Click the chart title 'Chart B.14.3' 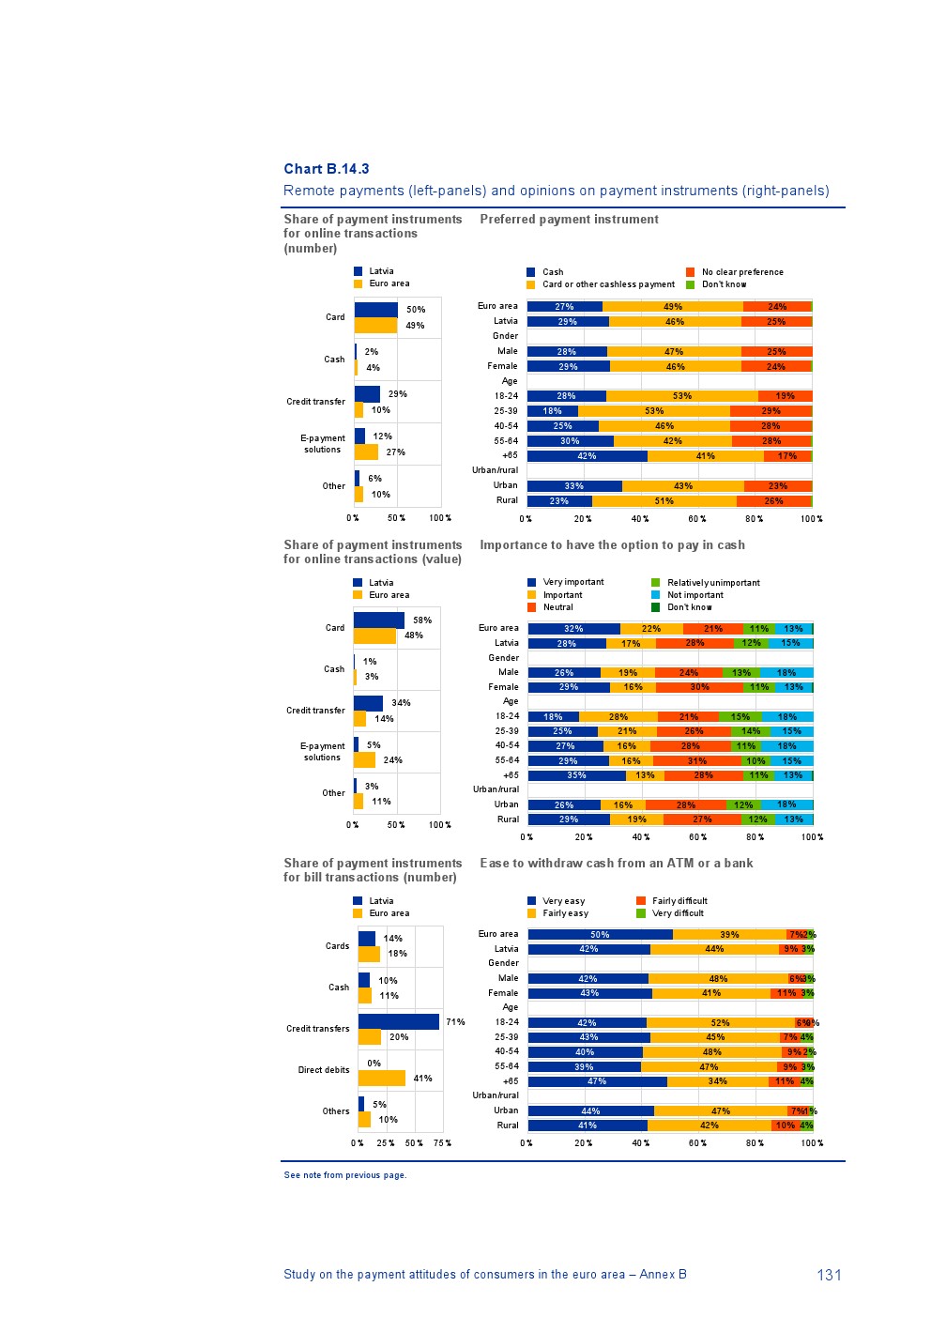click(327, 169)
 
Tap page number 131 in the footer click(829, 1275)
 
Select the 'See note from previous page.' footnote click(344, 1175)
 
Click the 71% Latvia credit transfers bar click(399, 1021)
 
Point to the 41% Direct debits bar click(382, 1079)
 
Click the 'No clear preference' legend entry click(742, 272)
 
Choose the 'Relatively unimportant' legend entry click(713, 583)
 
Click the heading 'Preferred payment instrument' click(569, 220)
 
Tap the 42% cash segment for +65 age click(588, 456)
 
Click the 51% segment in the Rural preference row click(664, 501)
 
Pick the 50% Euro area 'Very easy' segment click(600, 935)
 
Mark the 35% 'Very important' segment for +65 click(576, 775)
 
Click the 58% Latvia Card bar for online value click(379, 620)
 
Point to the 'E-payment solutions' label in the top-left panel click(322, 444)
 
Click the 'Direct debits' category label click(324, 1070)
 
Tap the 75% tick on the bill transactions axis click(442, 1143)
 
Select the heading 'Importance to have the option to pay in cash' click(612, 545)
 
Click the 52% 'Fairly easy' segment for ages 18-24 click(720, 1023)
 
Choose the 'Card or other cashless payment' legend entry click(608, 284)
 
